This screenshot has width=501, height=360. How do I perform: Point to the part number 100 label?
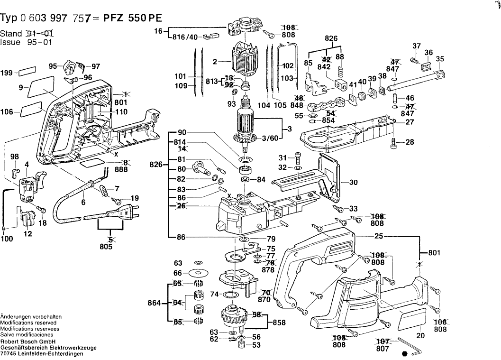[7, 240]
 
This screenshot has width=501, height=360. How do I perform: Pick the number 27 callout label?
[410, 122]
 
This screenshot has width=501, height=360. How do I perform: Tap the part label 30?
[353, 182]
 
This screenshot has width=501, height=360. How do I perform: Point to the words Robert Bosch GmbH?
[27, 342]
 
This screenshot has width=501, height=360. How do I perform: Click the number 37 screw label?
[416, 46]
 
